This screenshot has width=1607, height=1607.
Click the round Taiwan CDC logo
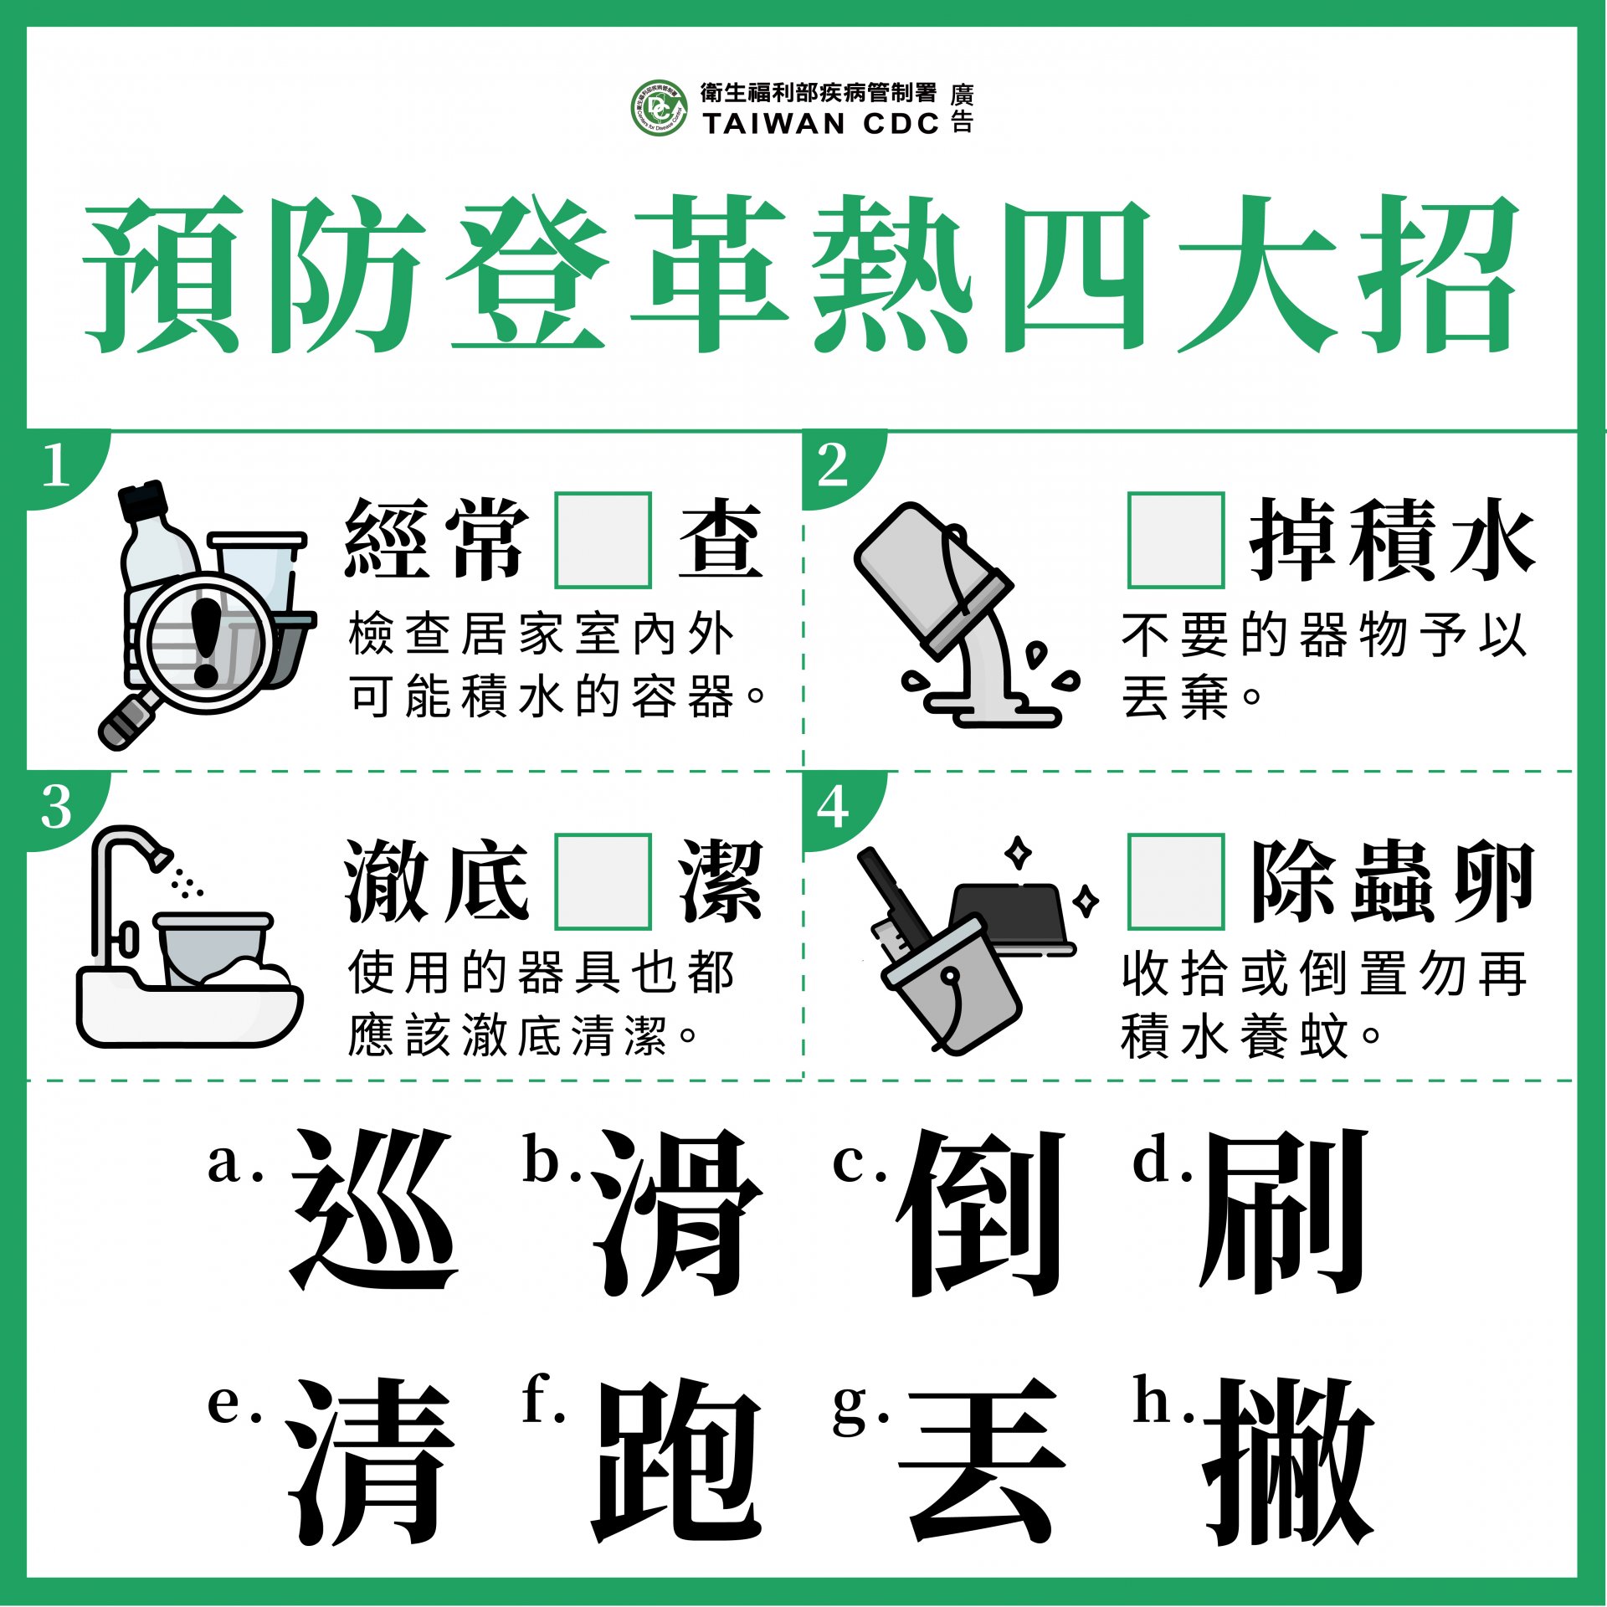659,108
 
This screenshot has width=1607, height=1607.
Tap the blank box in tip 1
603,540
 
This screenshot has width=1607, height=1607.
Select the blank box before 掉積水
1176,540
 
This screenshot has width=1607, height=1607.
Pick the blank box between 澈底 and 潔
603,881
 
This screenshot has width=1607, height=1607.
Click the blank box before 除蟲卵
1176,881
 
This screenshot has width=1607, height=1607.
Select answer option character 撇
1288,1461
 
